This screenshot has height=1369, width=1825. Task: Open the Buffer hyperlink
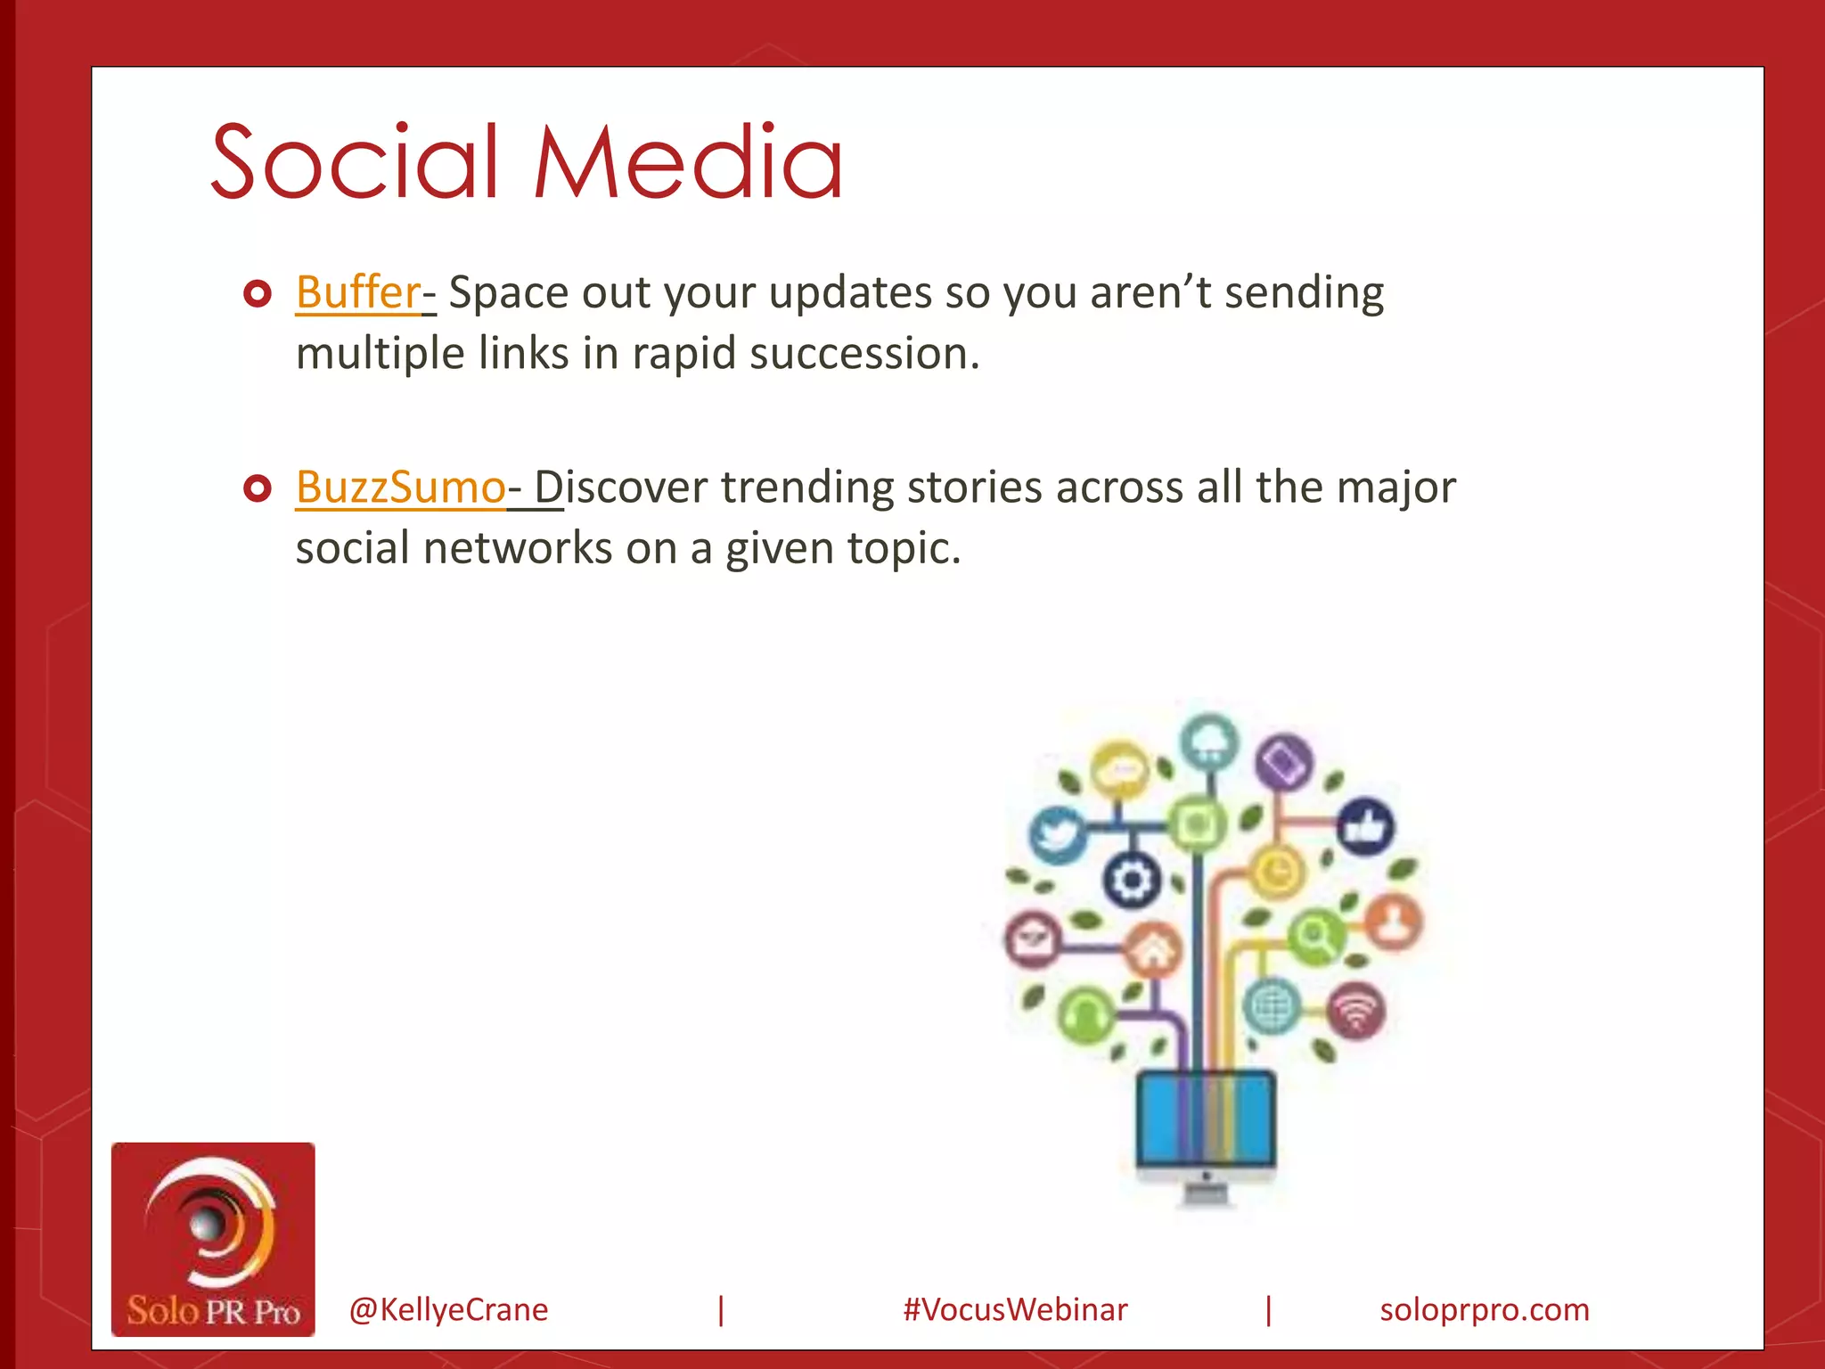(358, 292)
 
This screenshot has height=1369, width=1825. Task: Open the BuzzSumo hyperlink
(401, 488)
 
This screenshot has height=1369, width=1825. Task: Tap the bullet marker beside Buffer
(257, 293)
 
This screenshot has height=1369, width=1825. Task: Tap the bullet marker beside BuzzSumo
(257, 488)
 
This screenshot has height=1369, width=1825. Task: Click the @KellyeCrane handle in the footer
(448, 1309)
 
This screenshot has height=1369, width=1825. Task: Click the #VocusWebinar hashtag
(1015, 1309)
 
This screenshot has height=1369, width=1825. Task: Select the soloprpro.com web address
(1484, 1309)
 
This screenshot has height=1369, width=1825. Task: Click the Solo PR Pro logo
(213, 1239)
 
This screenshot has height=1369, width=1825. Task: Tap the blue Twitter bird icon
(1057, 833)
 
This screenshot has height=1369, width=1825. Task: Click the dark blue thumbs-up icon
(1366, 827)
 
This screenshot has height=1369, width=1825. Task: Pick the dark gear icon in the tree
(1132, 880)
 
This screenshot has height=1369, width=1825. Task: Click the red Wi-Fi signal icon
(1355, 1012)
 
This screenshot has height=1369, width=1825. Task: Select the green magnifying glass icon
(1315, 937)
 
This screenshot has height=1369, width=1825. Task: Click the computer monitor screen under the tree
(1205, 1119)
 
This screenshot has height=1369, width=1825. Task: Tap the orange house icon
(1152, 950)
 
